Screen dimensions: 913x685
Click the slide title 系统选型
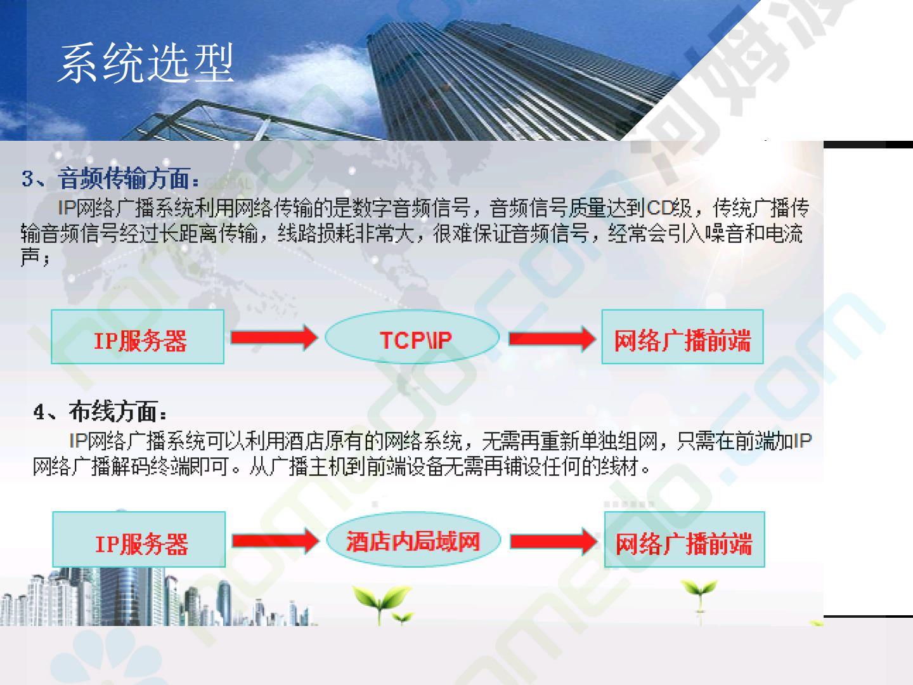[x=145, y=63]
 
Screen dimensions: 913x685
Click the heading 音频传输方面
[x=124, y=178]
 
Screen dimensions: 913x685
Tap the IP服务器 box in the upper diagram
[x=138, y=337]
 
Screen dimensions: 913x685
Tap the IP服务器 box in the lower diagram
[x=139, y=539]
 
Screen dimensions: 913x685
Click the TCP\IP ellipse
[x=411, y=337]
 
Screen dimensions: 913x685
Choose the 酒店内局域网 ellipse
[x=413, y=539]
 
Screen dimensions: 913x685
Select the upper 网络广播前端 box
[x=683, y=337]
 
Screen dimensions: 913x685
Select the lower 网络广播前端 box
[x=685, y=539]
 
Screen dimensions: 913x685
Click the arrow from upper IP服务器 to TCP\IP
[x=274, y=337]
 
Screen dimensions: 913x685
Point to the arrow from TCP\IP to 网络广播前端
[x=552, y=339]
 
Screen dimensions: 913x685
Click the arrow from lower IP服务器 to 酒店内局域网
[x=276, y=540]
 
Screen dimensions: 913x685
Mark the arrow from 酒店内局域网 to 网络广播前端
[x=554, y=542]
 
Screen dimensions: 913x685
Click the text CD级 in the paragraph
[x=669, y=207]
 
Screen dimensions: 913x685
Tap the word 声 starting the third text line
[x=30, y=257]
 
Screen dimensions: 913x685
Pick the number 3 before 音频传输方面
[x=28, y=178]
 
